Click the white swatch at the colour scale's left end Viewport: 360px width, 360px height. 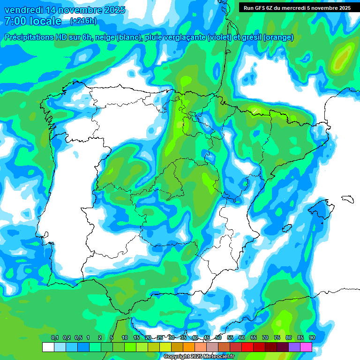(x=48, y=347)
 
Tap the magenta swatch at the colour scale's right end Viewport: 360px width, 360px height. (x=306, y=347)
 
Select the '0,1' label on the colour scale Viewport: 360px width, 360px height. (x=54, y=337)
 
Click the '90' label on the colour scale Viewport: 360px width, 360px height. (x=312, y=337)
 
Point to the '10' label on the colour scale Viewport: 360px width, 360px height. (x=124, y=337)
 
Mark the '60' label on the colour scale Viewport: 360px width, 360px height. (x=241, y=337)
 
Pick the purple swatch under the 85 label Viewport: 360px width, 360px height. (x=294, y=347)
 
